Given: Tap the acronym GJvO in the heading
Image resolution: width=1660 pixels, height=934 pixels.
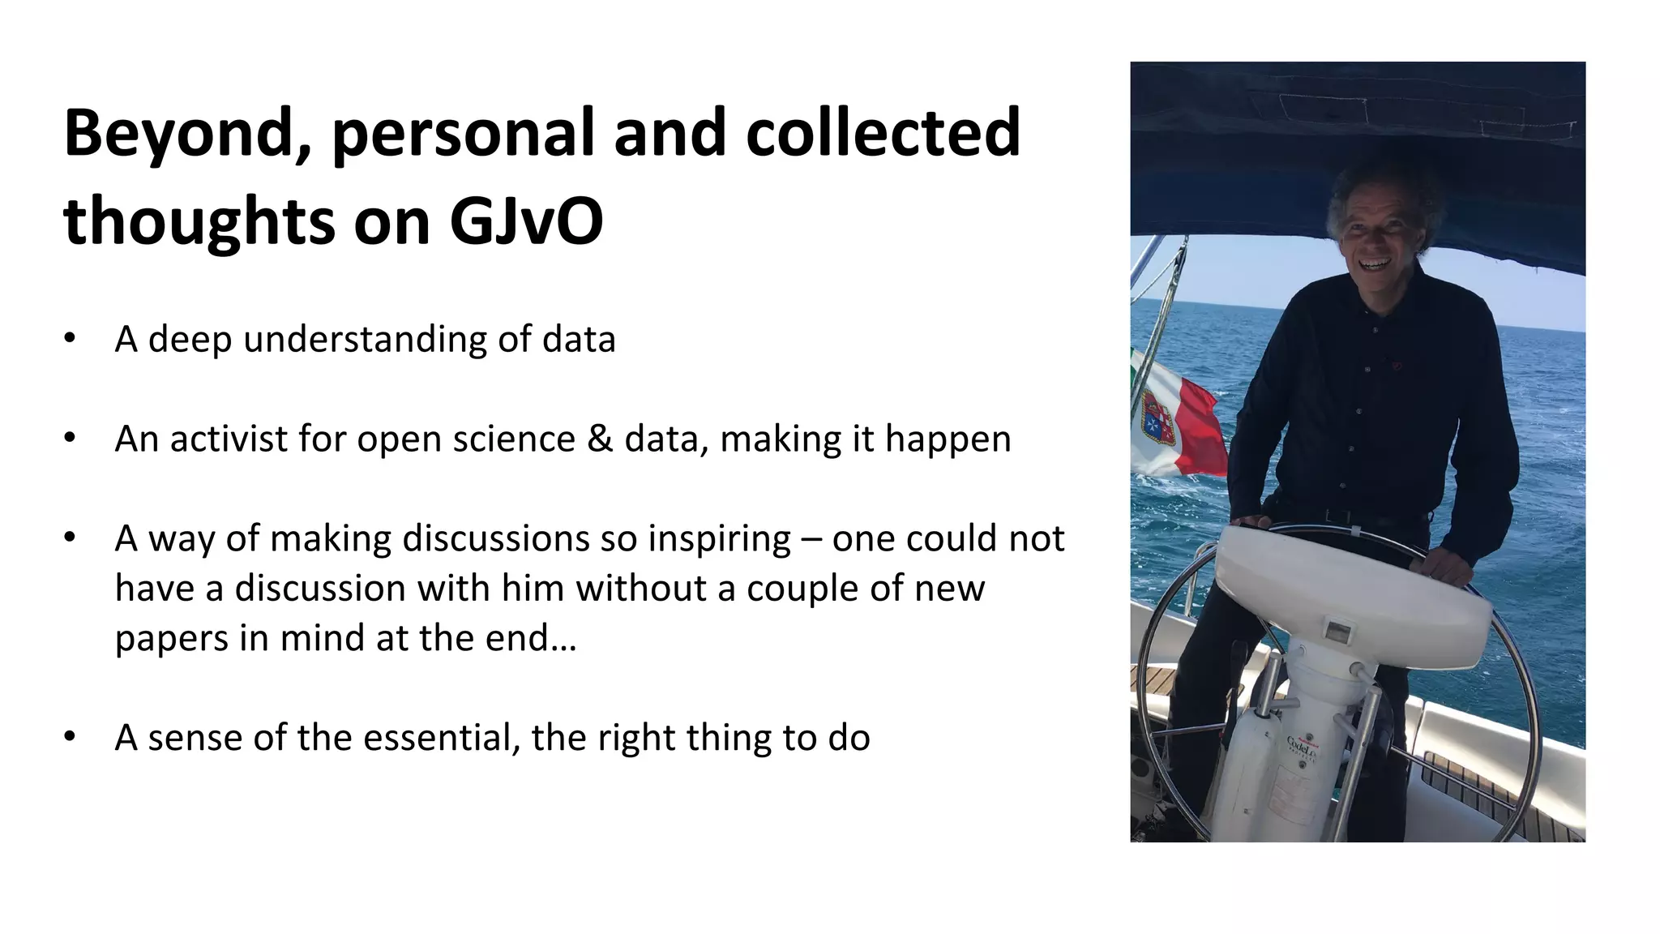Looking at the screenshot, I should pyautogui.click(x=526, y=221).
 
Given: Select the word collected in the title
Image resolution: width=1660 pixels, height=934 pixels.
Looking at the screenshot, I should pyautogui.click(x=882, y=132).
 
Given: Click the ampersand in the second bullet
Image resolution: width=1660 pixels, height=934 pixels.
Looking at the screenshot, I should pyautogui.click(x=599, y=439).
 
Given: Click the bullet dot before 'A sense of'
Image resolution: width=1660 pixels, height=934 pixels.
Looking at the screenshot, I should pyautogui.click(x=70, y=737).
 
